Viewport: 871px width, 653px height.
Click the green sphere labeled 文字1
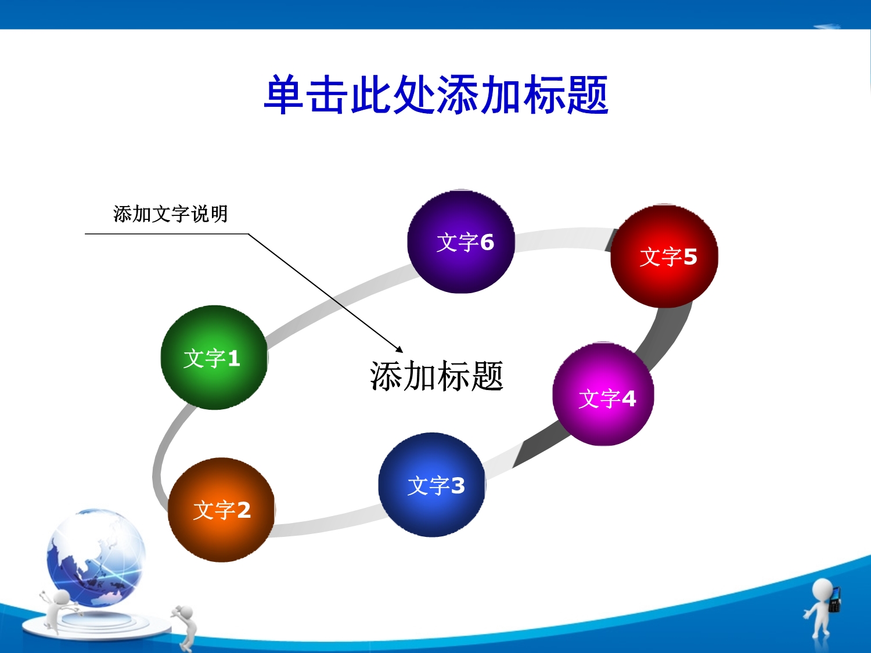(214, 357)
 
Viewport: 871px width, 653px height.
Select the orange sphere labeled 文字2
(221, 510)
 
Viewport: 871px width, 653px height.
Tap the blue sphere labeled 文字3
(432, 485)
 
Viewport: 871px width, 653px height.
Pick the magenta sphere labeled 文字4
(603, 394)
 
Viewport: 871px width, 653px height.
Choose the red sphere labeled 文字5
(664, 256)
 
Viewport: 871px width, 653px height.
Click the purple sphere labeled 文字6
(461, 241)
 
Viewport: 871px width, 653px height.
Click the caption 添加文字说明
(171, 214)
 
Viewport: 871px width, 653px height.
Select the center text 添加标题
(437, 376)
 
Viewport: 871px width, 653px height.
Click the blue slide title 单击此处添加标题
(436, 95)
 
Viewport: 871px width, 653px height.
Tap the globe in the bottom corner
(96, 558)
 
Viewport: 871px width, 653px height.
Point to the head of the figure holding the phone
(822, 591)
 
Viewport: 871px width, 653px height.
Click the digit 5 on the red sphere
(690, 257)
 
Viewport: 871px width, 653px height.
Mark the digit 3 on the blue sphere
(458, 485)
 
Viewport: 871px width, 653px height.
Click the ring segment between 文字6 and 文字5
(563, 239)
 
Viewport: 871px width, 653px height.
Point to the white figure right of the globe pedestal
(185, 626)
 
